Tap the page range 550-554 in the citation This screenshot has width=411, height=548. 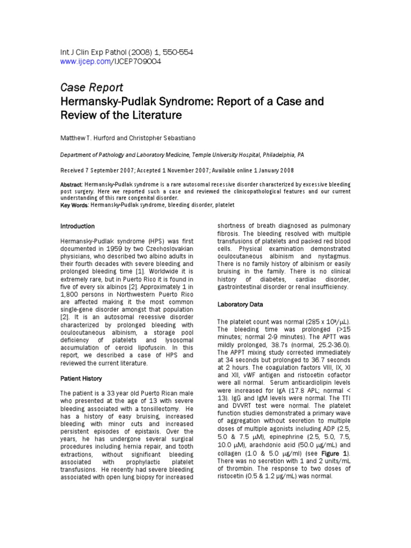point(174,52)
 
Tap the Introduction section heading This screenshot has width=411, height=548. point(78,226)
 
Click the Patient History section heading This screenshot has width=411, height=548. point(81,378)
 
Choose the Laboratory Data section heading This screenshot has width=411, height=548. point(240,305)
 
